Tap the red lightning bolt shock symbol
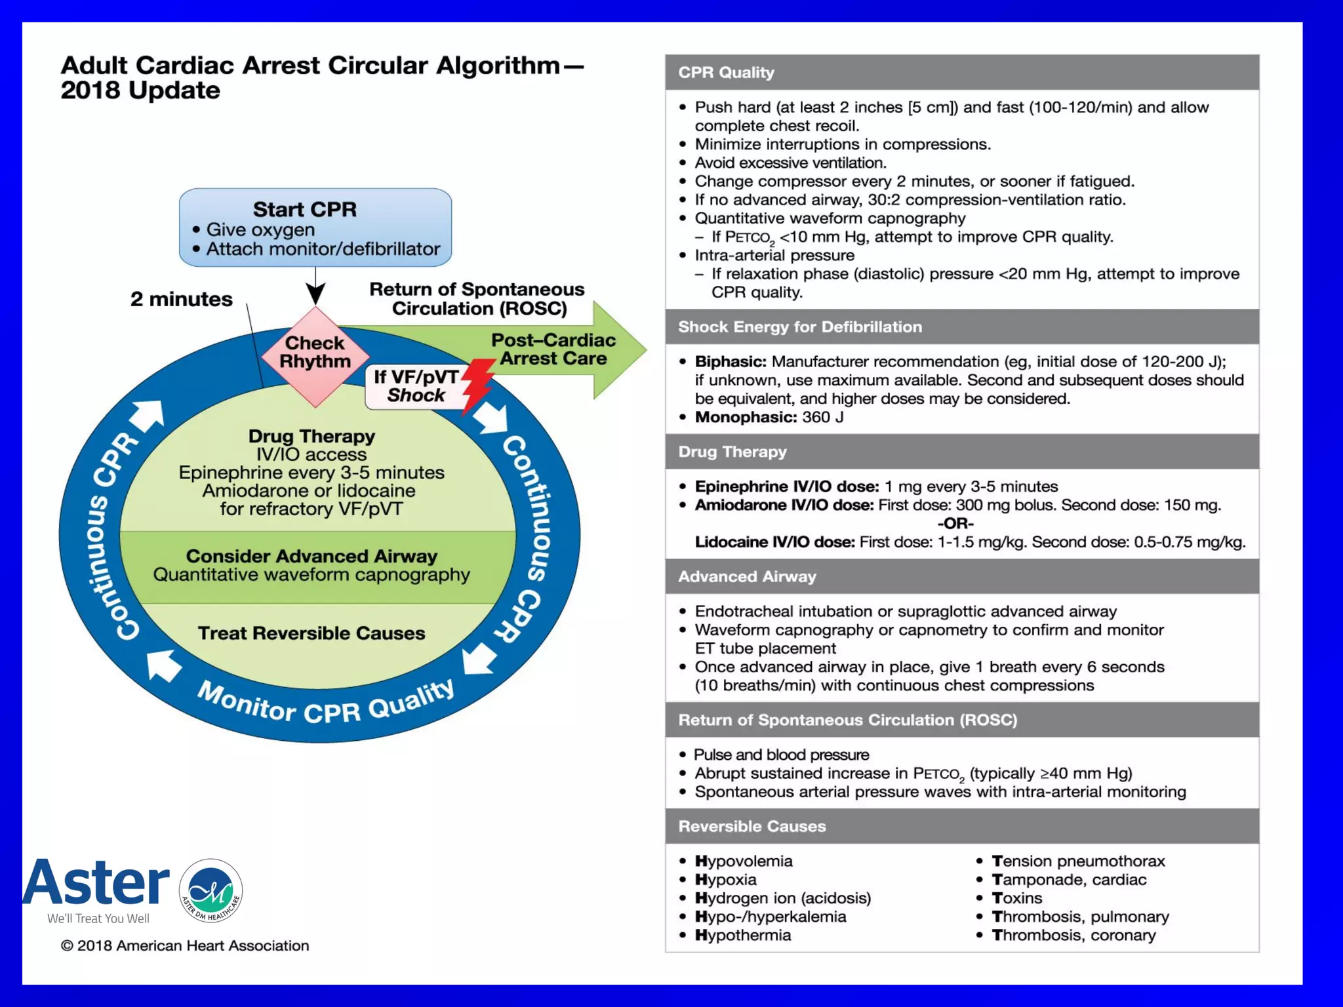pyautogui.click(x=477, y=384)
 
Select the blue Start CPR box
pyautogui.click(x=315, y=227)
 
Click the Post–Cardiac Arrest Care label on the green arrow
pyautogui.click(x=553, y=349)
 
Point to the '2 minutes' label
pyautogui.click(x=181, y=299)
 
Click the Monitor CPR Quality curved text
pyautogui.click(x=326, y=705)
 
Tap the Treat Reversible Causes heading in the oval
pyautogui.click(x=311, y=633)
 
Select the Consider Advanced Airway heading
pyautogui.click(x=311, y=556)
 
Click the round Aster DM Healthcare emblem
pyautogui.click(x=210, y=890)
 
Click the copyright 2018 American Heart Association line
pyautogui.click(x=185, y=945)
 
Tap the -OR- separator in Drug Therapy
pyautogui.click(x=955, y=523)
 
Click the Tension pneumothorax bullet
pyautogui.click(x=1078, y=861)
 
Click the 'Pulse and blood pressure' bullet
pyautogui.click(x=781, y=755)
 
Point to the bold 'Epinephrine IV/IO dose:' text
pyautogui.click(x=786, y=486)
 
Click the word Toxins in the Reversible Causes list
pyautogui.click(x=1016, y=898)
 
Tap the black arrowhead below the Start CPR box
pyautogui.click(x=315, y=294)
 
